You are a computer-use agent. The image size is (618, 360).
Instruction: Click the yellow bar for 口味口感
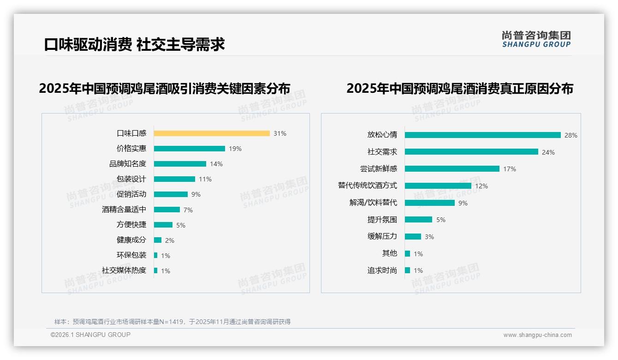212,133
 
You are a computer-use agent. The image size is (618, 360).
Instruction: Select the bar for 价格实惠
190,149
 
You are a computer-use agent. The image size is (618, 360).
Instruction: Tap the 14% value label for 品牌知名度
216,164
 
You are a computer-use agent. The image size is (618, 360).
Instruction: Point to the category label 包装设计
131,179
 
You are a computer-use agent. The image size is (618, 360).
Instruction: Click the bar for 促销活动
171,194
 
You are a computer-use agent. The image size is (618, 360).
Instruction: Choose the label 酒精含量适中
124,210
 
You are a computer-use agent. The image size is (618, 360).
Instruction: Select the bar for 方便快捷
163,225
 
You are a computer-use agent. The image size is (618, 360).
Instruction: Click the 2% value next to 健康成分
170,240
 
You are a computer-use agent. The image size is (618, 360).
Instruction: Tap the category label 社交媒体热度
124,270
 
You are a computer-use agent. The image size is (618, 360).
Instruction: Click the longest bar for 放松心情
483,135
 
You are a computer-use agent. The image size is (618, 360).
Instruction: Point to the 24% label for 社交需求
548,152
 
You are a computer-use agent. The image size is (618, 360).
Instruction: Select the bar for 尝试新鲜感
452,169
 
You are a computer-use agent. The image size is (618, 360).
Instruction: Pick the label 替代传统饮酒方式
368,186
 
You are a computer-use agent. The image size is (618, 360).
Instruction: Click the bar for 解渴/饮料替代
430,203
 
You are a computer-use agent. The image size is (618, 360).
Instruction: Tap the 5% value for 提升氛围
441,220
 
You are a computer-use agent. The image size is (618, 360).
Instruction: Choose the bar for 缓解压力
413,237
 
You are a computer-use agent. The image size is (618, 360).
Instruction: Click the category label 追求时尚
382,270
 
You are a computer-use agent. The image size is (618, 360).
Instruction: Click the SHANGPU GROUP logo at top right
536,39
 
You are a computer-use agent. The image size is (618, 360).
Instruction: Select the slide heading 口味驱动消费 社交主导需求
134,44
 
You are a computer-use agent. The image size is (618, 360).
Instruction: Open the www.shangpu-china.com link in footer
537,335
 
